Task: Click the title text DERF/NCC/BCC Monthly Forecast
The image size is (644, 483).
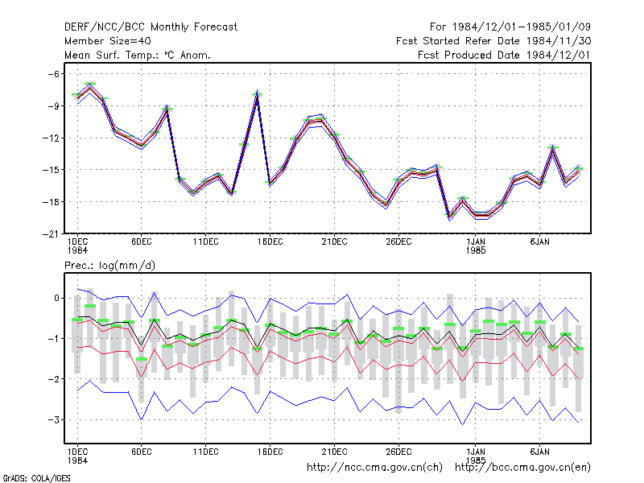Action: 151,27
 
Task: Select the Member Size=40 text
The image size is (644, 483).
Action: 108,41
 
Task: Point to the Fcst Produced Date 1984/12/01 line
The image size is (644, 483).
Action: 504,55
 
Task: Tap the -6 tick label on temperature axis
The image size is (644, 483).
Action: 53,74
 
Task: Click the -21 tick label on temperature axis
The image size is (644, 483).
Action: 51,234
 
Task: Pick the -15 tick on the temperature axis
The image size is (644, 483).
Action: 51,170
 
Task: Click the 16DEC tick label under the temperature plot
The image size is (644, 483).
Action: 270,242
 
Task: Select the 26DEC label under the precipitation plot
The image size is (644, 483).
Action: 398,452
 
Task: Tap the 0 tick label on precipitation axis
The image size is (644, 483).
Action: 56,298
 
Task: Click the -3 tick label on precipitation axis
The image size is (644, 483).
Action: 53,419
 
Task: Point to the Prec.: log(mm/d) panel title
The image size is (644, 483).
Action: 109,266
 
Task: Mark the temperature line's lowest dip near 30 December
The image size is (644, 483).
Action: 449,217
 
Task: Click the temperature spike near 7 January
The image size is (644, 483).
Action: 553,148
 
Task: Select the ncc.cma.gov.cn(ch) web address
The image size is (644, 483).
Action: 375,468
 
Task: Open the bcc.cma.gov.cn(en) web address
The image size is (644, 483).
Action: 522,468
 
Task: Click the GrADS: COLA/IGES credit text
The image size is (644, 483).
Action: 36,478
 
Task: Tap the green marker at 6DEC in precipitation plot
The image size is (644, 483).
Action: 142,359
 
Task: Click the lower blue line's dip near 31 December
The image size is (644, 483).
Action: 462,424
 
